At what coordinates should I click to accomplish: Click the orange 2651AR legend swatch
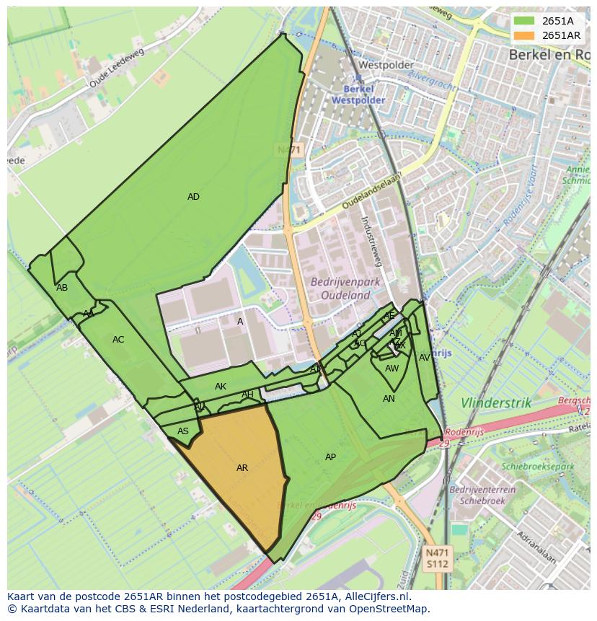point(524,35)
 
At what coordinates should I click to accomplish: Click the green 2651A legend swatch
point(524,21)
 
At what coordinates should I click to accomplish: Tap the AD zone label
point(193,197)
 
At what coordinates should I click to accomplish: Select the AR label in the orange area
point(242,468)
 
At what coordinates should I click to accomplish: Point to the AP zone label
point(330,457)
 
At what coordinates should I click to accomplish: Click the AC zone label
point(118,340)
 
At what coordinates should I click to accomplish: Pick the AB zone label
point(62,288)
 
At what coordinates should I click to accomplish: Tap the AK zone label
point(221,387)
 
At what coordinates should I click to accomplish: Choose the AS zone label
point(183,431)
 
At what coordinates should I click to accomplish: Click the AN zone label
point(389,399)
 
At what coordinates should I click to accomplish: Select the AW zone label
point(392,369)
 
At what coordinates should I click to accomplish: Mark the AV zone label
point(425,358)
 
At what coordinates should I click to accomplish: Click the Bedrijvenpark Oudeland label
point(340,289)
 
